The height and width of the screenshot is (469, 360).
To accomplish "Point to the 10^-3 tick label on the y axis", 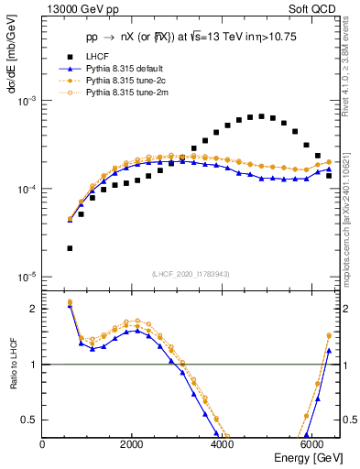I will (28, 102).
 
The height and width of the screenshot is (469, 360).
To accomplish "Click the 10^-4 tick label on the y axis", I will (28, 189).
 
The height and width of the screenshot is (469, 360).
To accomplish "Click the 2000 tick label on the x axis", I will (132, 445).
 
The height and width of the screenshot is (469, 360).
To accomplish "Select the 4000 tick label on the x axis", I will (221, 445).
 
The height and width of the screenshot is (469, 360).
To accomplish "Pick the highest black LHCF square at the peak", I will (261, 116).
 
